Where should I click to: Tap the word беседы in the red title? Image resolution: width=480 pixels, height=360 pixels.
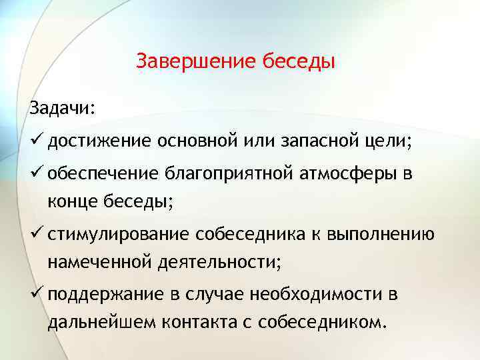pyautogui.click(x=297, y=62)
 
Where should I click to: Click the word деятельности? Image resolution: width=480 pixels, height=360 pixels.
pyautogui.click(x=220, y=263)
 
